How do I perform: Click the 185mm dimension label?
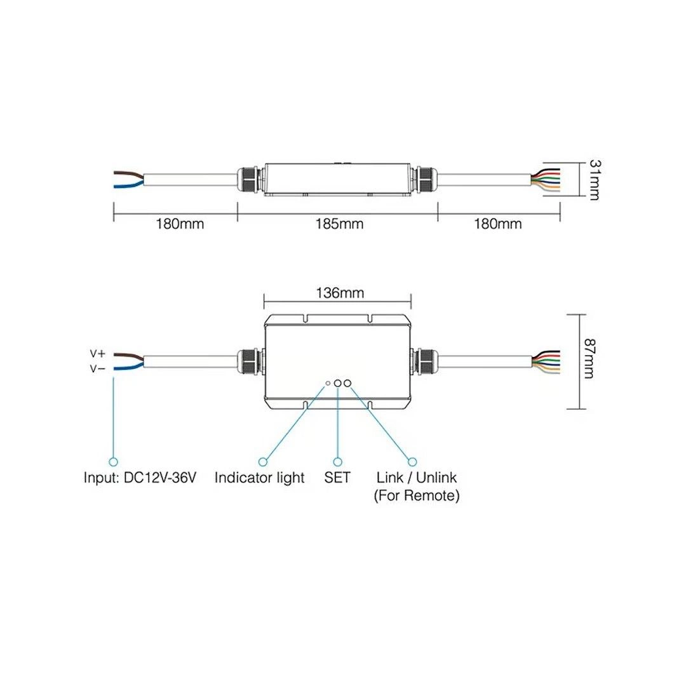339,224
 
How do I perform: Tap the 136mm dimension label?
340,293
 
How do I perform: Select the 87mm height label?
589,359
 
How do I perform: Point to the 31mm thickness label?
595,180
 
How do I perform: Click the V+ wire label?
98,354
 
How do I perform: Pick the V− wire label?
98,369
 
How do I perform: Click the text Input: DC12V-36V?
140,477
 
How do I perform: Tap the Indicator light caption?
259,478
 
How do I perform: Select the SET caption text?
337,477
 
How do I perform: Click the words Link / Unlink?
417,477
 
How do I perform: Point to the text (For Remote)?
417,495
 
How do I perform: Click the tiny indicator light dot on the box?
328,383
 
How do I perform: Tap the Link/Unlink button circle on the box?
347,383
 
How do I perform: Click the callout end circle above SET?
337,462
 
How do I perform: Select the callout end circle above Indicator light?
263,462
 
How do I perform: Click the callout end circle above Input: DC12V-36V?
113,462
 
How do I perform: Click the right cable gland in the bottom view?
425,361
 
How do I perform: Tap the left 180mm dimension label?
180,224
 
